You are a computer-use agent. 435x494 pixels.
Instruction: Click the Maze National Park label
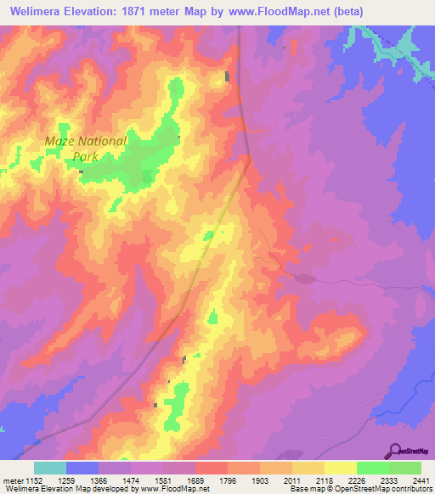tap(86, 149)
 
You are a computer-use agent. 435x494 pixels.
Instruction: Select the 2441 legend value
tap(420, 481)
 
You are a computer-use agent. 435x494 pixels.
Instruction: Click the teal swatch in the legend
tap(50, 468)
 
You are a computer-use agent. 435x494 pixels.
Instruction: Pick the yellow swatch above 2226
tap(341, 468)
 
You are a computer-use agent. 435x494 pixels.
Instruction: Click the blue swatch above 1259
tap(82, 468)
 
